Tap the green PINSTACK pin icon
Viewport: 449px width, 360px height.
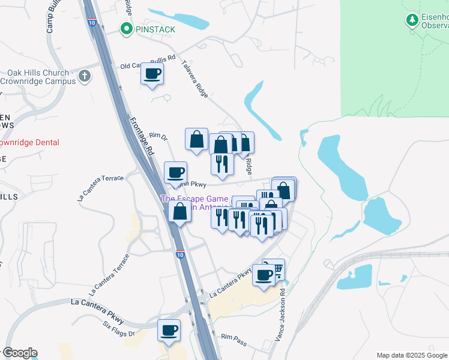tap(127, 28)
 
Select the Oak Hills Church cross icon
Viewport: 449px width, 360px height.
tap(85, 76)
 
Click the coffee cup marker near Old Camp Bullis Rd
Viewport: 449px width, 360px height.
tap(152, 74)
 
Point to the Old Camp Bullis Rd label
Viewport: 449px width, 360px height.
tap(148, 62)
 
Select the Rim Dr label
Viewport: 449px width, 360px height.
tap(157, 137)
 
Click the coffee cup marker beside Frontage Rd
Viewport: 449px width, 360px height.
tap(175, 173)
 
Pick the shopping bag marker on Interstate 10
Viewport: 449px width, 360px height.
tap(180, 211)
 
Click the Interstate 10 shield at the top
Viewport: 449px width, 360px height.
tap(91, 22)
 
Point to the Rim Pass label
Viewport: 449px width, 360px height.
tap(234, 338)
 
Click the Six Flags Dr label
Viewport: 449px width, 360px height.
tap(119, 332)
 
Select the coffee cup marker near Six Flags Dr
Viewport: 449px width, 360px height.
tap(169, 331)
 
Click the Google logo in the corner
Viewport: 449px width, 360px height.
tap(20, 353)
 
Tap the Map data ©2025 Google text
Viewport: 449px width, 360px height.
tap(412, 355)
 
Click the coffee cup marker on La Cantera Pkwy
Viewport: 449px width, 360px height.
tap(264, 275)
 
